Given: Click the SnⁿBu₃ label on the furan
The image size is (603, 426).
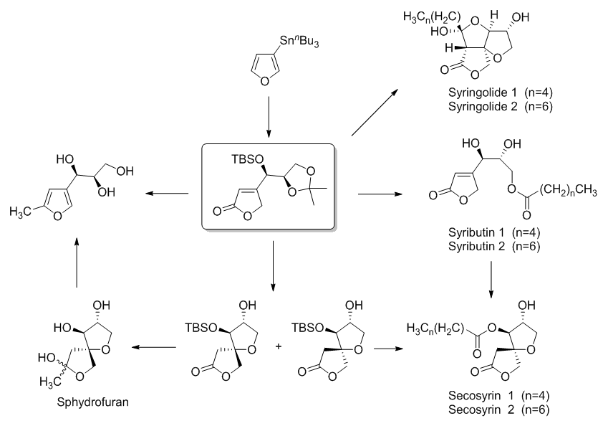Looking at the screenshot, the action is click(299, 41).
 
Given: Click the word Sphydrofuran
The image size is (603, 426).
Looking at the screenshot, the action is click(92, 402).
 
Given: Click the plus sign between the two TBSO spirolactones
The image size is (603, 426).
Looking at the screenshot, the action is click(279, 346).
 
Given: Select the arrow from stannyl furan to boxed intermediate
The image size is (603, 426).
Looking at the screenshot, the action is click(269, 117).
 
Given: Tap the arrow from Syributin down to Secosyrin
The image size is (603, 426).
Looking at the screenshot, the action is click(491, 280).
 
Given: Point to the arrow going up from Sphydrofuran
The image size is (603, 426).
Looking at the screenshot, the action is click(77, 262).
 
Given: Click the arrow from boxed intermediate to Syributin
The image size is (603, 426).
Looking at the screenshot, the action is click(380, 194).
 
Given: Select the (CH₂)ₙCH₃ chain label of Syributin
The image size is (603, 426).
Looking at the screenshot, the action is click(569, 191).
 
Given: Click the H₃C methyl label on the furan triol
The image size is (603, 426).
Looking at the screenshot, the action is click(19, 211).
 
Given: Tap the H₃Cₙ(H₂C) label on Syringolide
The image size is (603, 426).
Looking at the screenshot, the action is click(432, 17).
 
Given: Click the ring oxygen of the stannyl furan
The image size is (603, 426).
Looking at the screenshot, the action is click(264, 82).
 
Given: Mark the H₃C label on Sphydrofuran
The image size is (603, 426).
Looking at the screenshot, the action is click(50, 382).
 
